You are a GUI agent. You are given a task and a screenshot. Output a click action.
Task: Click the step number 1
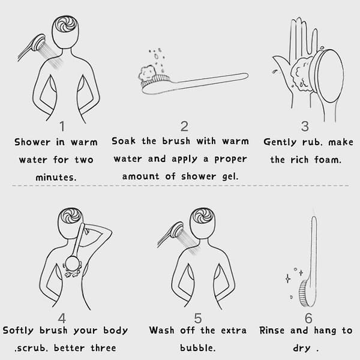pyautogui.click(x=62, y=127)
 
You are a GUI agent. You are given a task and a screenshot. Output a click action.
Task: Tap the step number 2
pyautogui.click(x=184, y=127)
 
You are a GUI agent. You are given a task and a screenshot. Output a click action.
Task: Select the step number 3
pyautogui.click(x=305, y=127)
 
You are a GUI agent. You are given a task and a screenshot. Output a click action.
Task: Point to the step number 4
pyautogui.click(x=62, y=318)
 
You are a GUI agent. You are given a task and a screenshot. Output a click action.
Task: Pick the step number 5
pyautogui.click(x=198, y=318)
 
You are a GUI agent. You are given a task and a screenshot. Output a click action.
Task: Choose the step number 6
pyautogui.click(x=308, y=318)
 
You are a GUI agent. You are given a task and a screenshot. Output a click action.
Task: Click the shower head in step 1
pyautogui.click(x=38, y=43)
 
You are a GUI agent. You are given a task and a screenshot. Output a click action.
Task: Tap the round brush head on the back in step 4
pyautogui.click(x=73, y=264)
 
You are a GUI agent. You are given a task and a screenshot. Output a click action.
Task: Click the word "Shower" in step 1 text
pyautogui.click(x=32, y=142)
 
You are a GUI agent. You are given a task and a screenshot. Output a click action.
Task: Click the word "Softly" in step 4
pyautogui.click(x=18, y=331)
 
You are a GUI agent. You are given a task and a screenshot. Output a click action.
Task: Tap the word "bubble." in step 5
pyautogui.click(x=197, y=348)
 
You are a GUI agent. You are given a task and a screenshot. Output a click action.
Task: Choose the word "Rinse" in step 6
pyautogui.click(x=272, y=331)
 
